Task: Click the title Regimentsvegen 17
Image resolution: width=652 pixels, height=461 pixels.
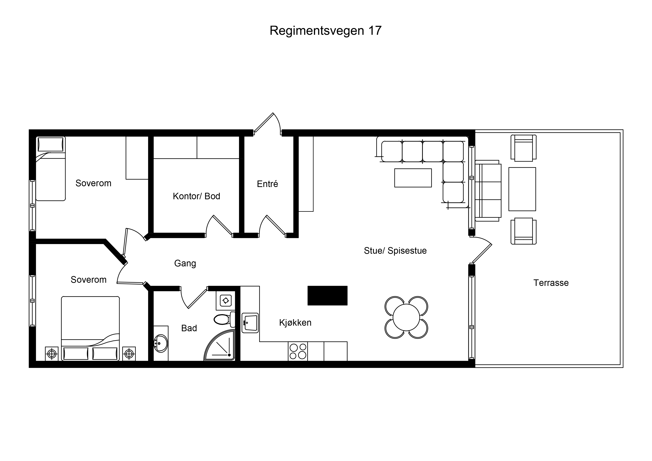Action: pyautogui.click(x=325, y=31)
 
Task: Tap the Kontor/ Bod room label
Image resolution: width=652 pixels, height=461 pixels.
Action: pyautogui.click(x=196, y=196)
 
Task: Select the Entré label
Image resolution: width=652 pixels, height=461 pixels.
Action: pyautogui.click(x=267, y=184)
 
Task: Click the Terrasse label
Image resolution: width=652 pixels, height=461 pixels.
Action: pyautogui.click(x=551, y=283)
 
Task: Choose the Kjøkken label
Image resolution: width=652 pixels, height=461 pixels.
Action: pyautogui.click(x=295, y=323)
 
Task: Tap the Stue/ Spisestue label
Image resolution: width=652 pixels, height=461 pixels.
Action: pyautogui.click(x=395, y=251)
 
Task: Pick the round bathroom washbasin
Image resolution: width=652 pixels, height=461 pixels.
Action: pyautogui.click(x=161, y=344)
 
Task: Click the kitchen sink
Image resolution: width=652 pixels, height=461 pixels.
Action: pyautogui.click(x=250, y=323)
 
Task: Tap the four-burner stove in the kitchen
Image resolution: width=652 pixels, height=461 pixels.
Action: pyautogui.click(x=298, y=351)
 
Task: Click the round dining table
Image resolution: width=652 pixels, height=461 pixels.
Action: pyautogui.click(x=406, y=317)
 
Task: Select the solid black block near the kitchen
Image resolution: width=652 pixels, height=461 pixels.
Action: pyautogui.click(x=327, y=296)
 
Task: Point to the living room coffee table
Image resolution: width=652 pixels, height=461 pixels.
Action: pyautogui.click(x=413, y=178)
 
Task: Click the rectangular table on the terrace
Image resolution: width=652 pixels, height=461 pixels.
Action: pyautogui.click(x=522, y=189)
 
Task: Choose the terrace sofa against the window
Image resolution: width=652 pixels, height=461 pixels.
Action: pyautogui.click(x=488, y=191)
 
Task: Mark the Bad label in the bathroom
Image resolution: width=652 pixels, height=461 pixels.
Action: pyautogui.click(x=189, y=328)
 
